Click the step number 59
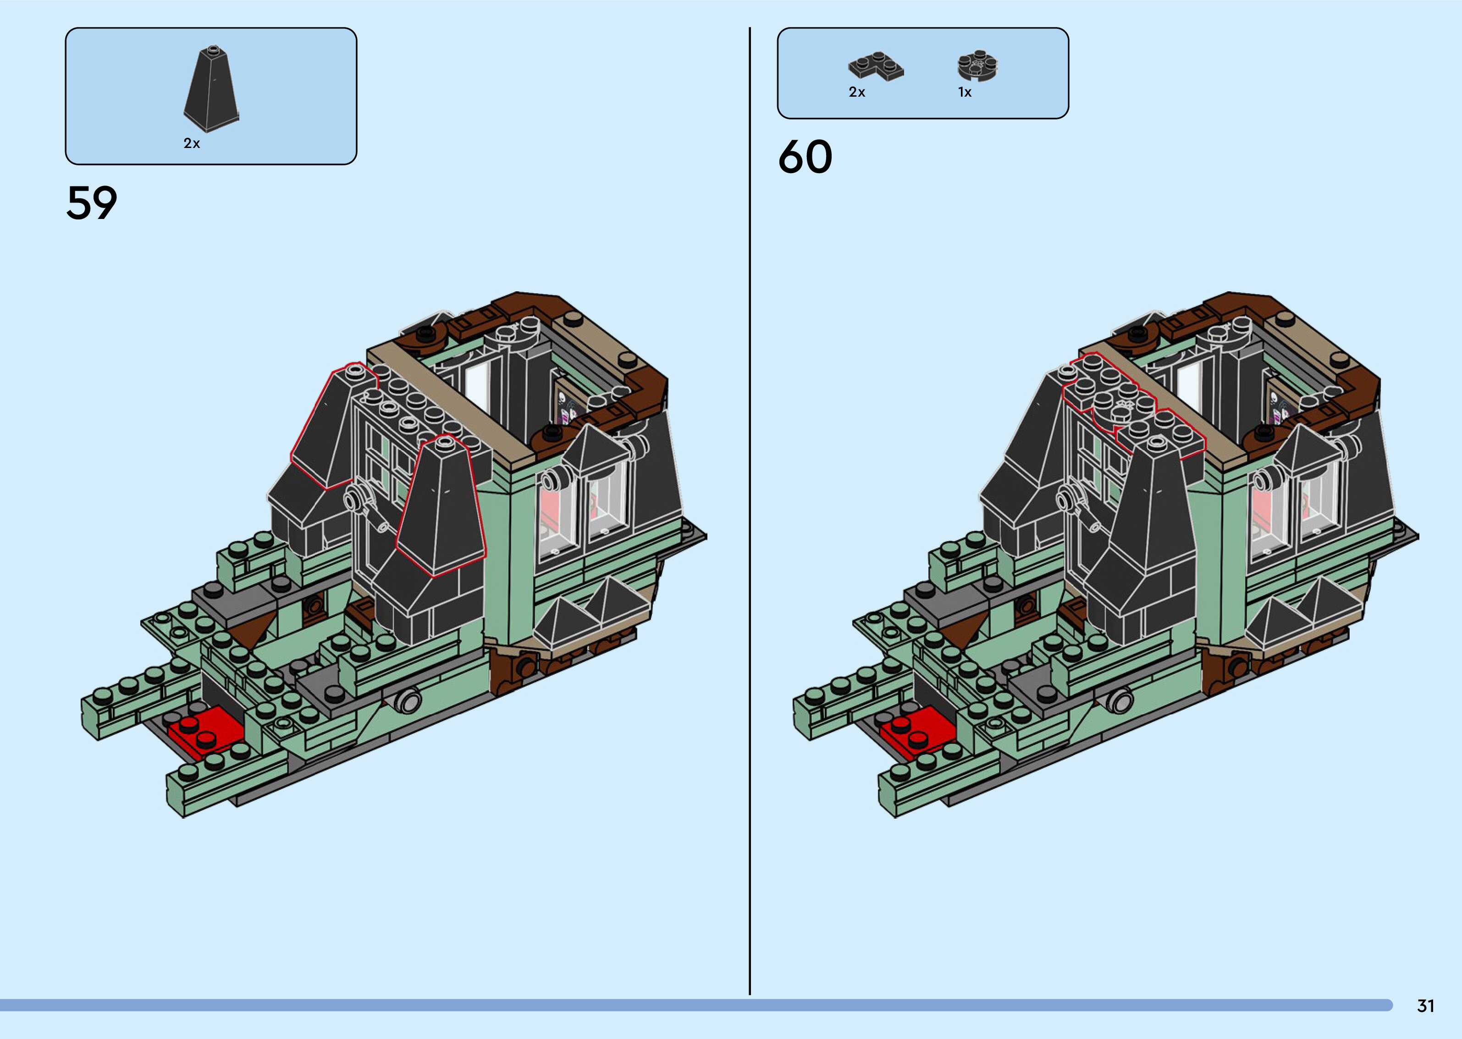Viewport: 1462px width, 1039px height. pyautogui.click(x=92, y=203)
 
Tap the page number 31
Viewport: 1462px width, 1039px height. pyautogui.click(x=1425, y=1006)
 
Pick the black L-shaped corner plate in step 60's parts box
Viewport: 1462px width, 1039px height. pyautogui.click(x=876, y=67)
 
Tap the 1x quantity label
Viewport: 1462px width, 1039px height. pyautogui.click(x=965, y=92)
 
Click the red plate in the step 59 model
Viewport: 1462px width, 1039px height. pyautogui.click(x=205, y=732)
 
